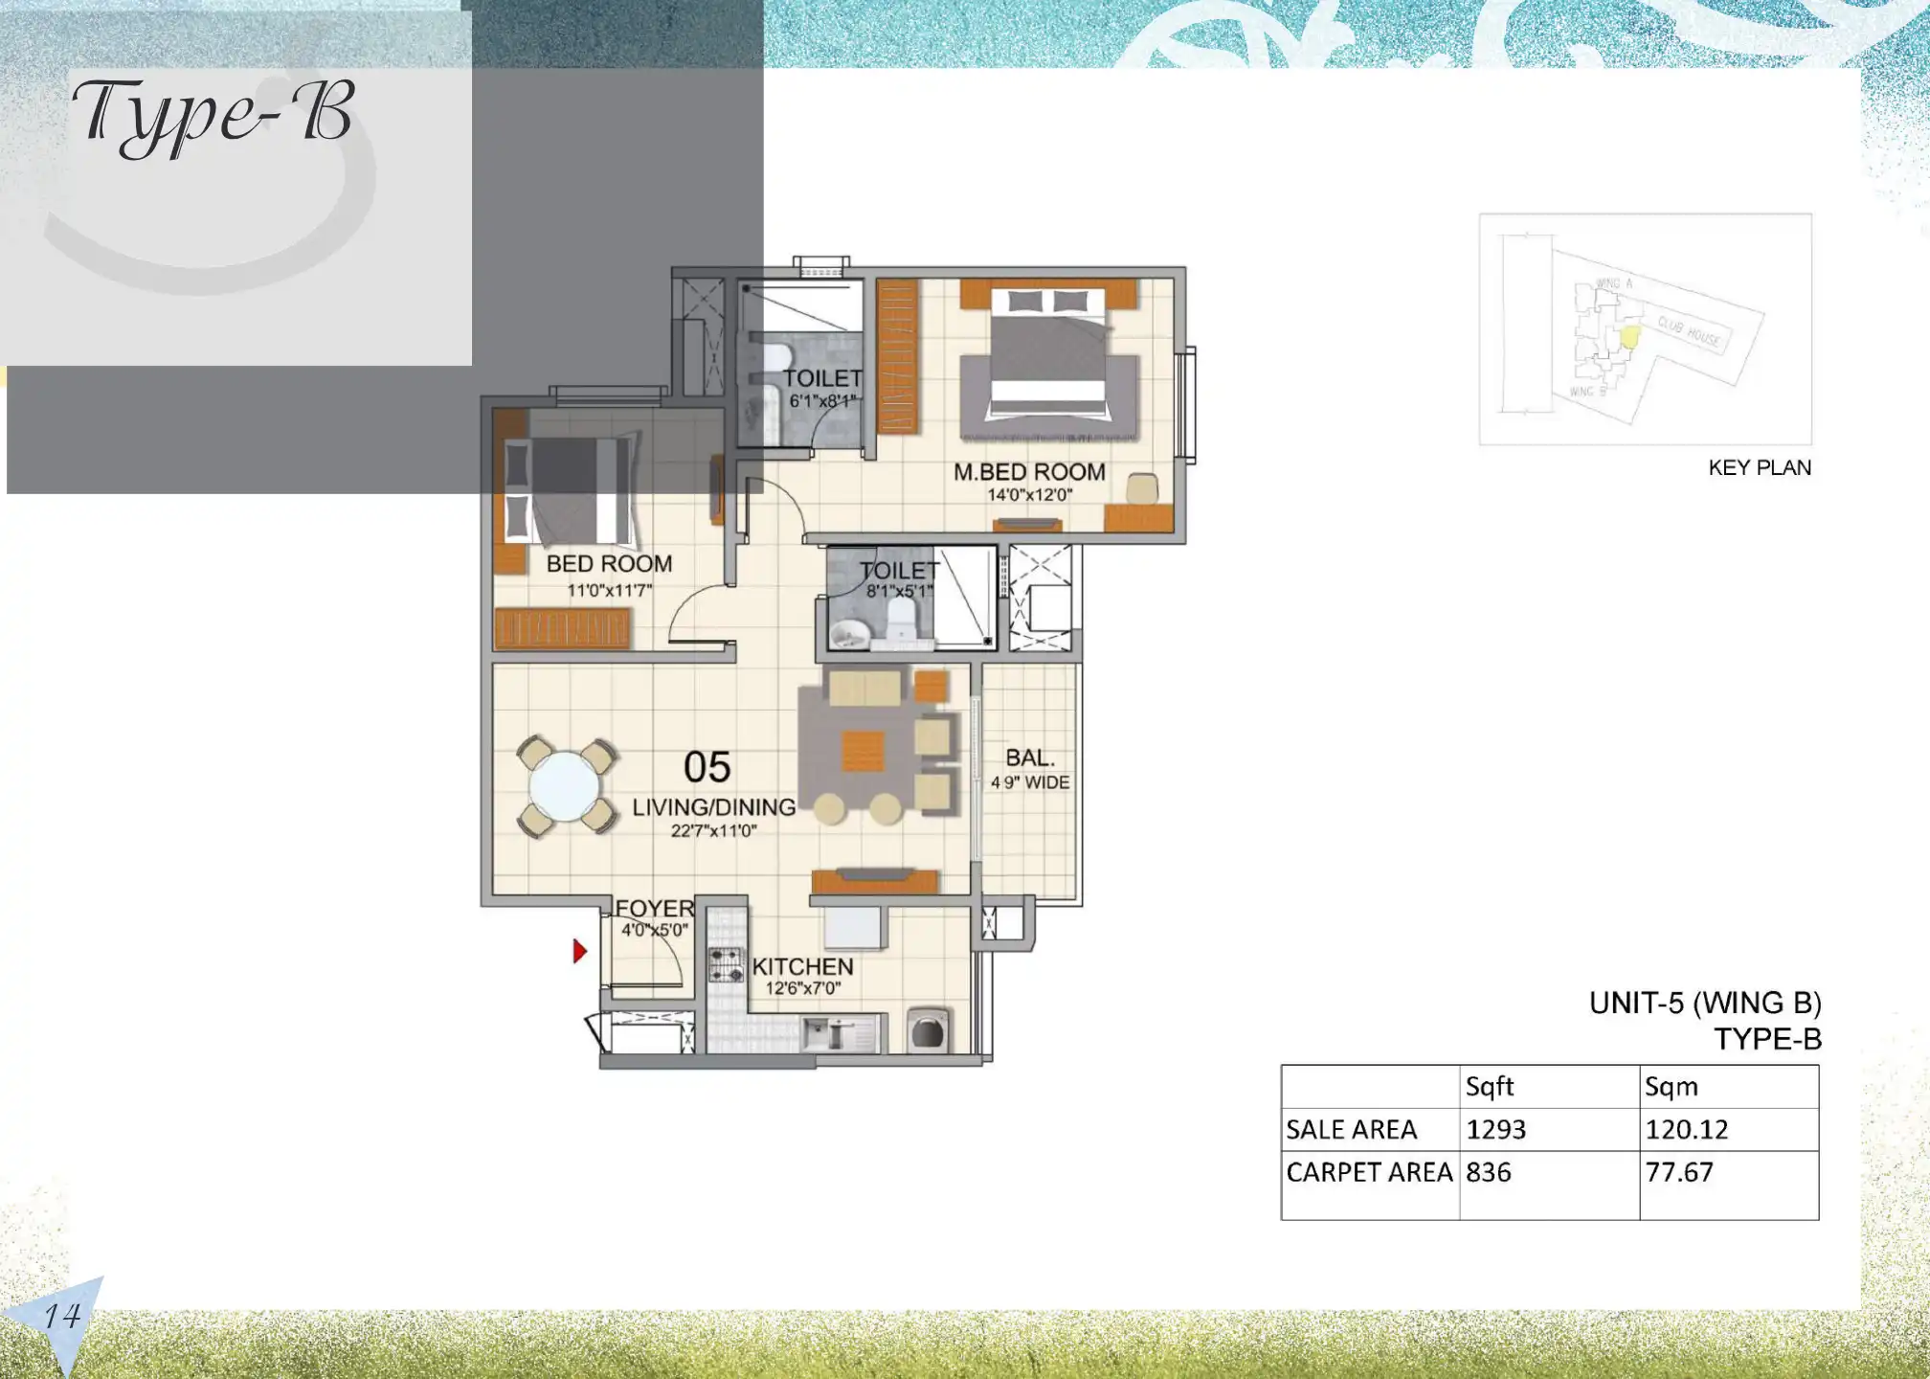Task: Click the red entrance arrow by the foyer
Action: point(579,951)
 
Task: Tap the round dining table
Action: point(565,786)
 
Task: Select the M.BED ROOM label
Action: point(1029,472)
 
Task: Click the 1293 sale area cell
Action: point(1496,1130)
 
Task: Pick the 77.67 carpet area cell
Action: point(1679,1173)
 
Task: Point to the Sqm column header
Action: point(1672,1087)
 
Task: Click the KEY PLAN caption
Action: point(1760,468)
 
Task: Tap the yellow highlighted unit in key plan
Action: point(1628,337)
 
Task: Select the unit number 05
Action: point(707,767)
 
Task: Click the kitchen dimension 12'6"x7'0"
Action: point(802,988)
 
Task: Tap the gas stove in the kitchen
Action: point(726,964)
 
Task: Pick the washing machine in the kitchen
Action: point(927,1031)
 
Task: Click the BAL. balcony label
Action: point(1030,757)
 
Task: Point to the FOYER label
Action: point(655,908)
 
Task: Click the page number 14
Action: point(62,1317)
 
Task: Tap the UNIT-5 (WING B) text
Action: point(1705,1003)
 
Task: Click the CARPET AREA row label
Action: point(1369,1173)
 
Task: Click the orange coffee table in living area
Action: point(863,750)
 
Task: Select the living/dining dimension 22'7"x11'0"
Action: point(713,830)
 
